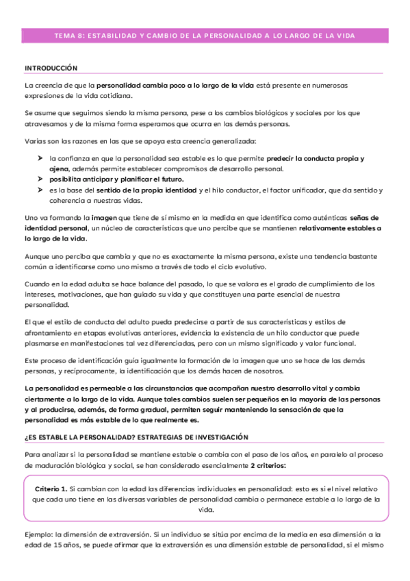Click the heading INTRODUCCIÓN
click(x=51, y=69)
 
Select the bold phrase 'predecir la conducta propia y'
click(x=315, y=158)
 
